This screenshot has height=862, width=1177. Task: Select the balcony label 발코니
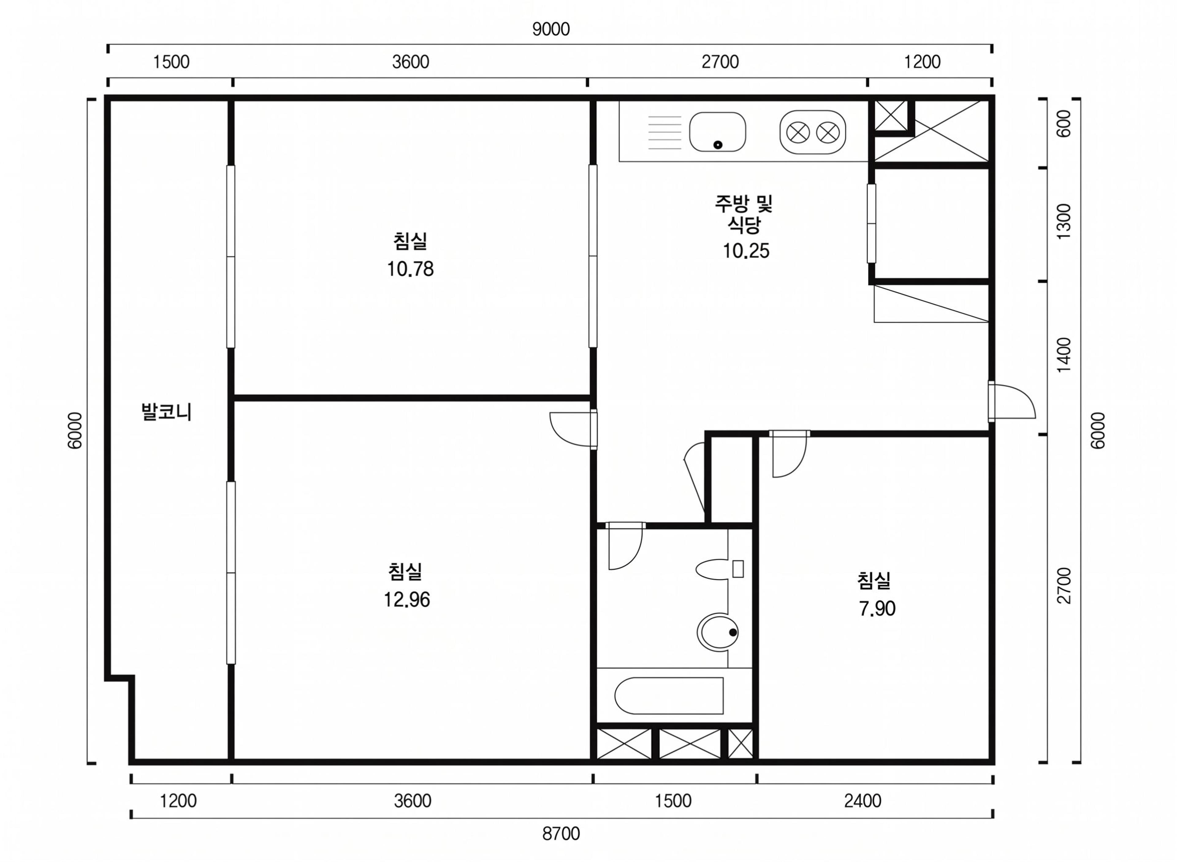point(166,412)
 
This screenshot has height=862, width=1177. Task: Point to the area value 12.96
point(407,600)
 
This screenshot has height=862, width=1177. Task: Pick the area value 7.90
point(877,608)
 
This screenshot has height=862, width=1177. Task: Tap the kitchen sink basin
point(718,132)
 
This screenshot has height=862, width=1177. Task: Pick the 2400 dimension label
point(863,800)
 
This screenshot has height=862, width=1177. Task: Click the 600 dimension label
point(1063,124)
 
